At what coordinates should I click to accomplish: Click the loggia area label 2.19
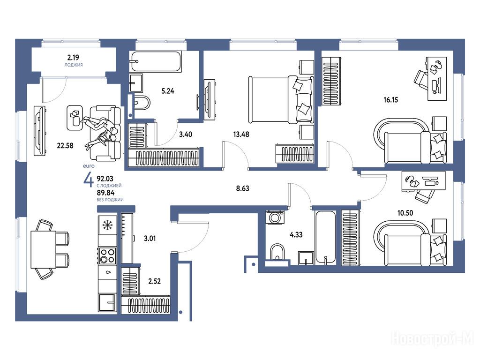tap(73, 57)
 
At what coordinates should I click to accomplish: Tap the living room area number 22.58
tap(65, 146)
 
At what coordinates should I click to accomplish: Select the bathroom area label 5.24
tap(168, 91)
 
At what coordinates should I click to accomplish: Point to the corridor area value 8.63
tap(242, 188)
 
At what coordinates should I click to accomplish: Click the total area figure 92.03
tap(105, 179)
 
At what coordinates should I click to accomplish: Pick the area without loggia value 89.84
tap(105, 193)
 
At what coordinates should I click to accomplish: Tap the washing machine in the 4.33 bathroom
tap(275, 217)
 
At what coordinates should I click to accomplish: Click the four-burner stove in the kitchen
tap(107, 256)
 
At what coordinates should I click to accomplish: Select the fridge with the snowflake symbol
tap(107, 225)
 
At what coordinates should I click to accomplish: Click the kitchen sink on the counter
tap(107, 272)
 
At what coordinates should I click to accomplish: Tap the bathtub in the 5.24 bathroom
tap(156, 61)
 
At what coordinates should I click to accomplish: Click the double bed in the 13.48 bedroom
tap(281, 99)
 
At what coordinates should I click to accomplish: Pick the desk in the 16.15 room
tap(436, 78)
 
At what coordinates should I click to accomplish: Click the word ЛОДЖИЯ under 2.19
tap(74, 65)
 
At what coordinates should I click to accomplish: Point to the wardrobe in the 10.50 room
tap(351, 238)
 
